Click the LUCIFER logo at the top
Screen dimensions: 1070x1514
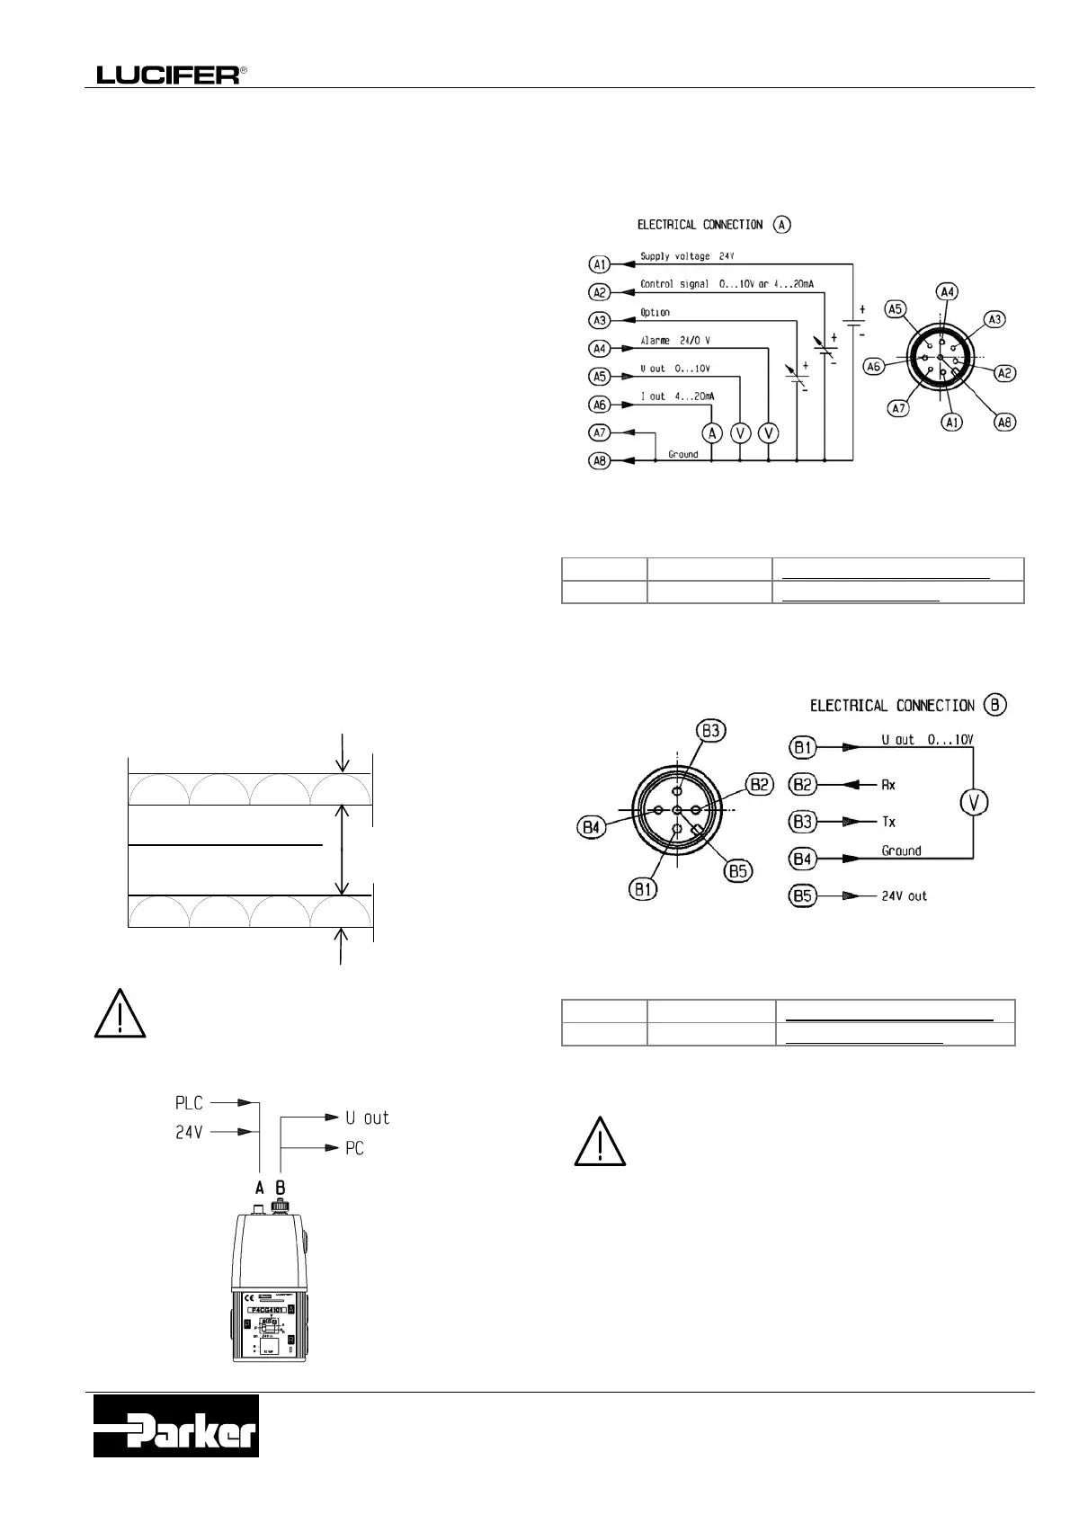(x=168, y=76)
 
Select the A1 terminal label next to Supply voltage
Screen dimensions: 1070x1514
(x=600, y=264)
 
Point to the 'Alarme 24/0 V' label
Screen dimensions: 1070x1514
(x=675, y=341)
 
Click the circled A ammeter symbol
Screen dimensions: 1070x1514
(x=712, y=433)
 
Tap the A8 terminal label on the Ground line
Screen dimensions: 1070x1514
(x=600, y=461)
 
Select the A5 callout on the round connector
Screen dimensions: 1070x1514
(x=895, y=308)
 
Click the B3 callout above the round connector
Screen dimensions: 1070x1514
(x=711, y=730)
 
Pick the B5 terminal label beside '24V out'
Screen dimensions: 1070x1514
(x=802, y=896)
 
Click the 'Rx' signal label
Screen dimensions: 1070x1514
(x=888, y=785)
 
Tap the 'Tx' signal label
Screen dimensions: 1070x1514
(x=888, y=822)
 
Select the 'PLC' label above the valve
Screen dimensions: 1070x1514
(x=189, y=1102)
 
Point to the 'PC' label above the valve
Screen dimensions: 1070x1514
(x=354, y=1149)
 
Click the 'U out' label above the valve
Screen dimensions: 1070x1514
(x=367, y=1118)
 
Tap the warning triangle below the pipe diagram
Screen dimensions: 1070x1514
(x=120, y=1013)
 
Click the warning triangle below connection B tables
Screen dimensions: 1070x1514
(x=600, y=1142)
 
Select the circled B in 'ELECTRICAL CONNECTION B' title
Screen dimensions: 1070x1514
(x=994, y=705)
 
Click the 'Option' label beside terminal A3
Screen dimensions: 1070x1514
(x=655, y=313)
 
